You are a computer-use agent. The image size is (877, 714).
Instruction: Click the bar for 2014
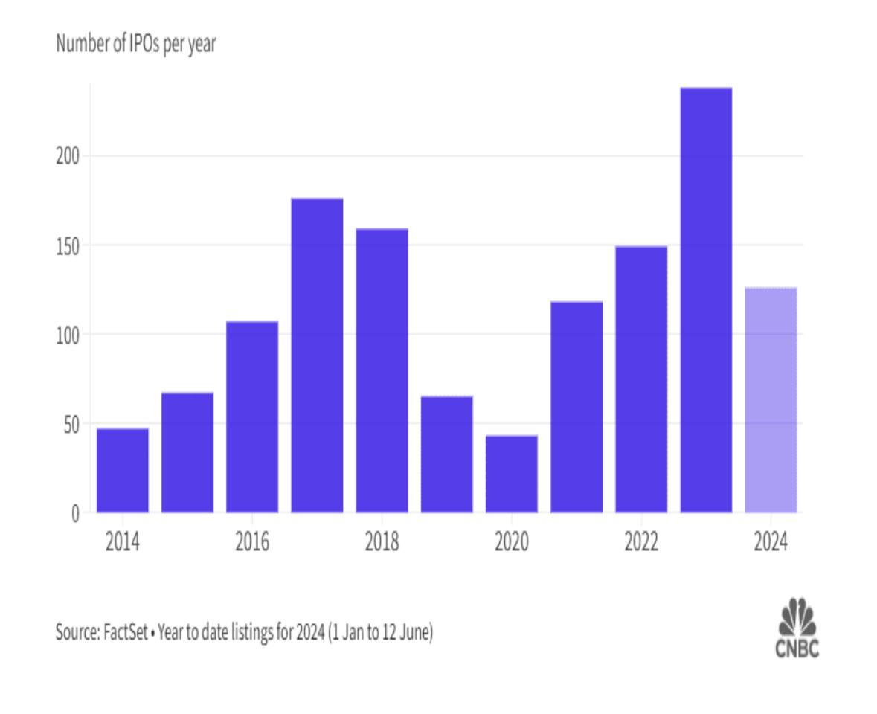pos(123,470)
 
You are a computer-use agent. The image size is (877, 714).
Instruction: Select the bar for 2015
pos(187,452)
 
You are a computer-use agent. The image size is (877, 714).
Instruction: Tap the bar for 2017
pos(317,356)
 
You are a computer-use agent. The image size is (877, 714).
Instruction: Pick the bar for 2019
pos(446,454)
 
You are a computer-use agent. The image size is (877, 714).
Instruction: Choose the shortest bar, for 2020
pos(511,474)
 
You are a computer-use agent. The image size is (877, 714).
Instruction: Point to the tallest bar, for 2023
pos(706,300)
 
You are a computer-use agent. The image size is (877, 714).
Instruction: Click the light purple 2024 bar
pos(771,400)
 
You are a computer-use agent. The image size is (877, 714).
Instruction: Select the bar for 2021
pos(576,407)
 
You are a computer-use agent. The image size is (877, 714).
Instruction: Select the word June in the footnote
pos(414,634)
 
